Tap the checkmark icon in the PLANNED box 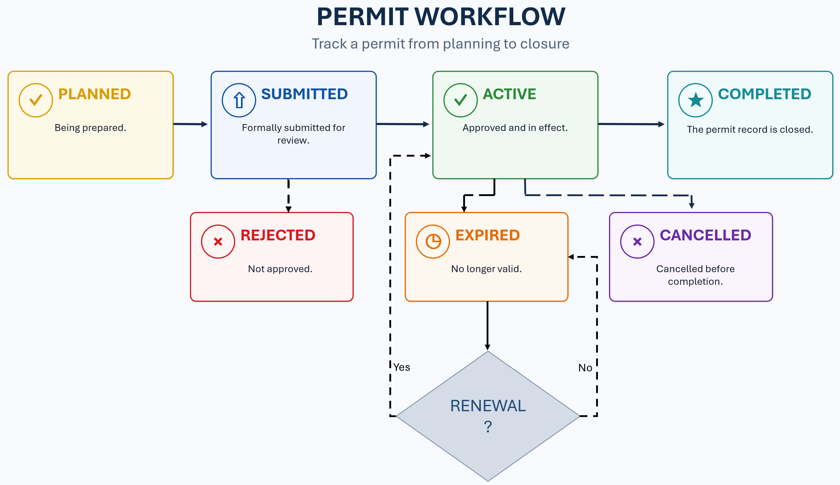[x=36, y=100]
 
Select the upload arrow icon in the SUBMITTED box [x=239, y=100]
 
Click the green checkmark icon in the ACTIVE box [x=460, y=100]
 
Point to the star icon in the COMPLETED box [x=696, y=100]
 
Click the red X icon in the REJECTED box [x=218, y=242]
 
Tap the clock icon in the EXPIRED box [x=433, y=242]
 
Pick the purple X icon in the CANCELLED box [x=637, y=242]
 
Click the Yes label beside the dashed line [x=402, y=367]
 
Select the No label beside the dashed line [x=585, y=368]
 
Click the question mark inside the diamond [x=488, y=426]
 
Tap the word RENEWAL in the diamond [x=488, y=406]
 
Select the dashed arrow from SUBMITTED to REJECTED [x=289, y=195]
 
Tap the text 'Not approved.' [x=280, y=269]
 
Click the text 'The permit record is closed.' [x=750, y=129]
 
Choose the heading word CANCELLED [x=706, y=235]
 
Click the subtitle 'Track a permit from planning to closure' [x=441, y=44]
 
